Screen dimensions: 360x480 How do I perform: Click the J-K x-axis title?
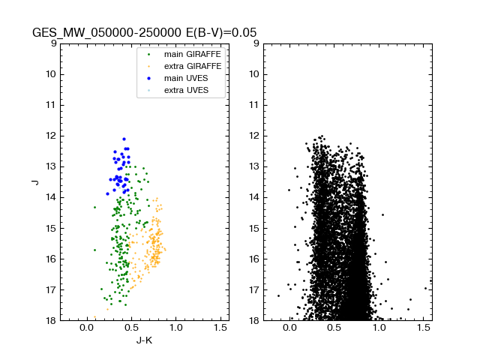pyautogui.click(x=144, y=341)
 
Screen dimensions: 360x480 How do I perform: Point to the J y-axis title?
pyautogui.click(x=34, y=181)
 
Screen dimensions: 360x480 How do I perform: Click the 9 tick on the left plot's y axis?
pyautogui.click(x=52, y=43)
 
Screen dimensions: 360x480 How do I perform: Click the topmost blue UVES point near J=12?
pyautogui.click(x=124, y=139)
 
